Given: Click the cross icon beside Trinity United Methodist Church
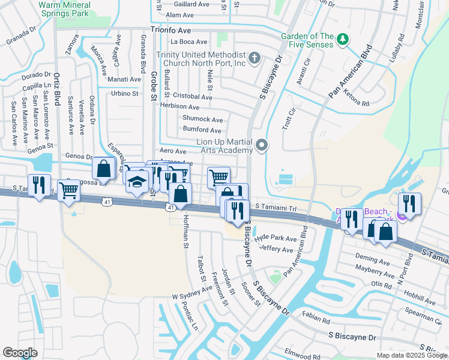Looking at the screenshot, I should click(x=255, y=59).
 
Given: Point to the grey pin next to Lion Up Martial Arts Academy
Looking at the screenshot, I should click(x=261, y=145).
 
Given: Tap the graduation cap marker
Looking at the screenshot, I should click(x=137, y=181).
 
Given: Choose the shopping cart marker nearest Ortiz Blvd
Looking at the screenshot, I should click(x=69, y=190).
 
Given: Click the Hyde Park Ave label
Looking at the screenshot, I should click(x=276, y=238).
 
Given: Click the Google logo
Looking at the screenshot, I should click(x=20, y=353).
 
